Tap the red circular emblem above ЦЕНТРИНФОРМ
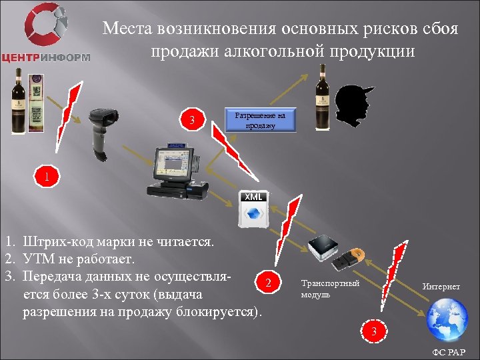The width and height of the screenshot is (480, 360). [46, 25]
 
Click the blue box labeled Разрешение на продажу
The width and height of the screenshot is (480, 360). [259, 120]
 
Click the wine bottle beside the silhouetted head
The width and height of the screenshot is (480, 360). [323, 97]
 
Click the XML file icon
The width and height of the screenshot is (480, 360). [254, 209]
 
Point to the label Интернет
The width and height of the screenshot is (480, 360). [441, 287]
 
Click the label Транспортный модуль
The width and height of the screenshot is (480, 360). [330, 289]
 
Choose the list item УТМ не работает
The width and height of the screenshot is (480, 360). [79, 258]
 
